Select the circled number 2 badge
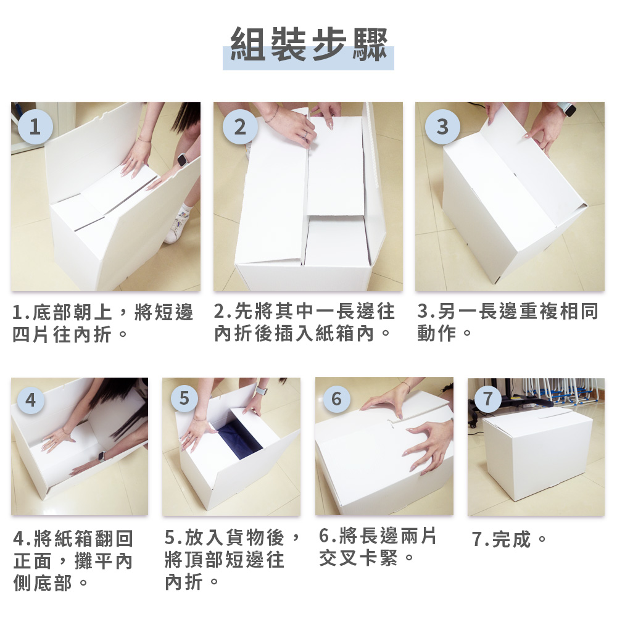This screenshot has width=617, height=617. (239, 127)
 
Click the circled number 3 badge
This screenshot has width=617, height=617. (442, 127)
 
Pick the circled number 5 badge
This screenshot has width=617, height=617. (183, 399)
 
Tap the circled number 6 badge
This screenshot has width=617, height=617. (336, 399)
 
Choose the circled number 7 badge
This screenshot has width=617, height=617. (488, 399)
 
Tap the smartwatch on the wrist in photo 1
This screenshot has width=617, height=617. (182, 160)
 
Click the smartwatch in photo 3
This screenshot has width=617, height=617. (568, 110)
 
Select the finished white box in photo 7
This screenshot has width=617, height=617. (537, 453)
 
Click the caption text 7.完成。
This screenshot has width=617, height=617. (510, 540)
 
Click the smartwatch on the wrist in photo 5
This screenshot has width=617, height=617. (261, 391)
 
